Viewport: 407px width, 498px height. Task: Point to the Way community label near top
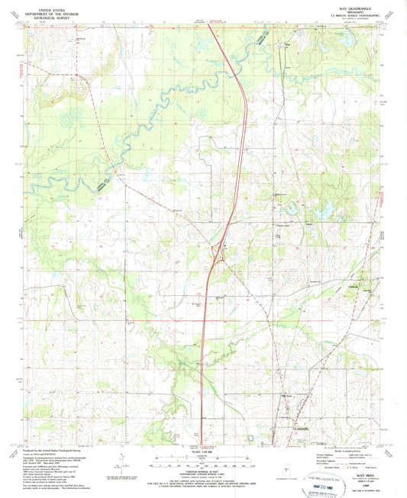click(x=288, y=44)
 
